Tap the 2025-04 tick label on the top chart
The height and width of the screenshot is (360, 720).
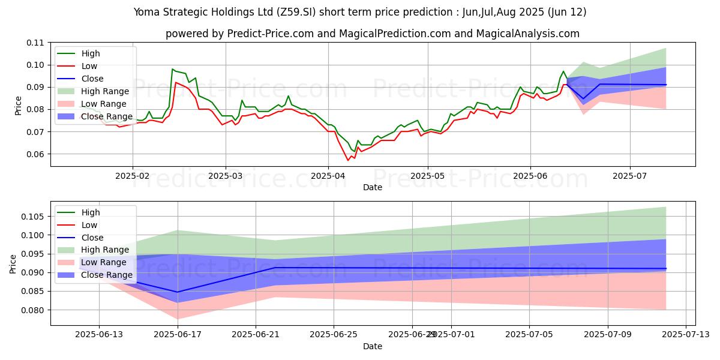point(328,176)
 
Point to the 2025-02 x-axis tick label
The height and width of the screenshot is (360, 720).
point(132,176)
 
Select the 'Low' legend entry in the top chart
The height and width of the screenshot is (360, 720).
point(89,66)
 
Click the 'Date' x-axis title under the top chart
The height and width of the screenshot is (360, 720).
point(373,187)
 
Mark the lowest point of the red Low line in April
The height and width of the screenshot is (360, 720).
point(347,160)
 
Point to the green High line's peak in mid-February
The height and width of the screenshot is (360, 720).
point(172,69)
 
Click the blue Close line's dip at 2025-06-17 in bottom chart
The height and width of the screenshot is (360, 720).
point(178,292)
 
